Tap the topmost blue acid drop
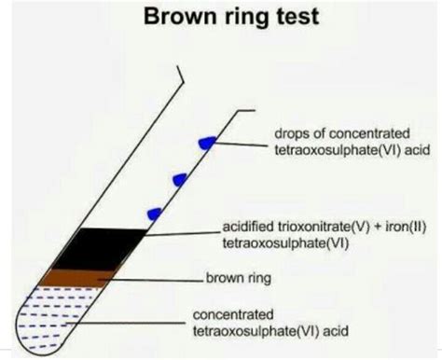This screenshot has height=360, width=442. click(x=207, y=141)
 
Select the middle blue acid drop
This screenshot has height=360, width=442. click(x=182, y=177)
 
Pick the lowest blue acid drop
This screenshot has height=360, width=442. click(x=155, y=214)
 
